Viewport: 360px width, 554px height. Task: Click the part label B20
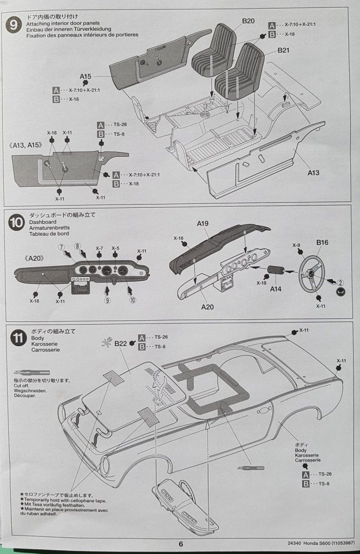coord(248,21)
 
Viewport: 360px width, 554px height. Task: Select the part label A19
coord(203,223)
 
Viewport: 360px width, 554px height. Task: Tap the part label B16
coord(323,243)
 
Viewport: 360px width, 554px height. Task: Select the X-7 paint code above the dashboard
coord(100,248)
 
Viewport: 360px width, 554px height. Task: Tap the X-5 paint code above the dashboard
coord(115,248)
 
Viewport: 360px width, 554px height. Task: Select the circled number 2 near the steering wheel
coord(339,281)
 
